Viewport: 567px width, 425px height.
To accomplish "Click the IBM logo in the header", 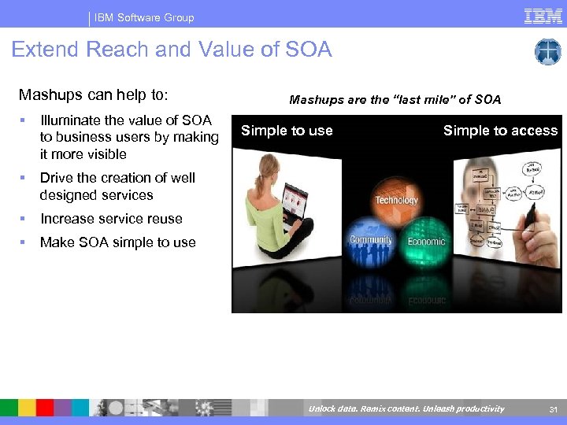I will tap(543, 16).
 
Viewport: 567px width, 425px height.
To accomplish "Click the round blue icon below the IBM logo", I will tap(547, 52).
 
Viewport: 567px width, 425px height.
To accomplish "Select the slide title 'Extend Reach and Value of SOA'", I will tap(172, 50).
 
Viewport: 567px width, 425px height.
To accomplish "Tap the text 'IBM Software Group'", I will tap(144, 17).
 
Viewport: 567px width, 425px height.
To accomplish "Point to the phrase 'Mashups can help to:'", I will tap(94, 95).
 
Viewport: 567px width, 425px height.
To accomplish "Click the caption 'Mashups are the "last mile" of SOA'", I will tap(395, 99).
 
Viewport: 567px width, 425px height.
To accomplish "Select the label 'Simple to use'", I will tap(287, 131).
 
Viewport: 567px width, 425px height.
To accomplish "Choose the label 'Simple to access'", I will tap(500, 131).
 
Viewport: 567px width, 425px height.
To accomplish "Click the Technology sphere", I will tap(396, 197).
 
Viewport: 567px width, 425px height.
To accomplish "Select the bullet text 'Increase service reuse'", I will tap(111, 219).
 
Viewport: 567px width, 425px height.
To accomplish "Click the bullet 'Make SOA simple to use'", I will tap(117, 242).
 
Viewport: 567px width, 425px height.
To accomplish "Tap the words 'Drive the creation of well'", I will tap(117, 178).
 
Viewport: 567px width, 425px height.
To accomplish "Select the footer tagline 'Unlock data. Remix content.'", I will tap(358, 408).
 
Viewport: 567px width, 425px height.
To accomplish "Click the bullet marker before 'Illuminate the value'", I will tap(24, 120).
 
